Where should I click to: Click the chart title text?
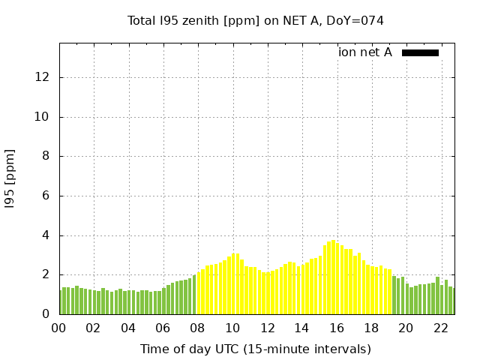tap(256, 21)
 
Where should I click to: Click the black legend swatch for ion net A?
tap(420, 52)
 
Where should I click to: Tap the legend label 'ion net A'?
tap(365, 52)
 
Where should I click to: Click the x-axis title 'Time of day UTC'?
tap(256, 349)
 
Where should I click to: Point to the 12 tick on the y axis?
tap(43, 77)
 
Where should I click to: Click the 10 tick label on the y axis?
tap(43, 117)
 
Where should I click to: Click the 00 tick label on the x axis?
tap(58, 328)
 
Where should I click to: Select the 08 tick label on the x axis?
tap(197, 328)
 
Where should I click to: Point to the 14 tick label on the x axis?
tap(301, 328)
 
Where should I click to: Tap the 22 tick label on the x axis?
tap(440, 328)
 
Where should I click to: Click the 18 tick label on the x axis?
tap(370, 328)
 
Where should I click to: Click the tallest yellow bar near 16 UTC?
tap(334, 277)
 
